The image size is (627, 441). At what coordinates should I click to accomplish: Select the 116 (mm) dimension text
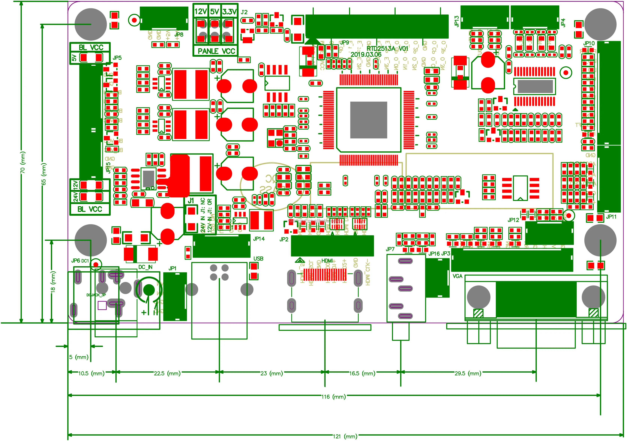333,397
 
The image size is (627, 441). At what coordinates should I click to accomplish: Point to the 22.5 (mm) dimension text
167,373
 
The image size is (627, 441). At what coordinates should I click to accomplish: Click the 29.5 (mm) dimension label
467,373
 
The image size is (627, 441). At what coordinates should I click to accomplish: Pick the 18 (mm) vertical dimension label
53,281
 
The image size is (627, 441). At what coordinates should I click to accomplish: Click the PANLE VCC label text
216,51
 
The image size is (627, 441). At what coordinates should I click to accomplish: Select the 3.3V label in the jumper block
229,12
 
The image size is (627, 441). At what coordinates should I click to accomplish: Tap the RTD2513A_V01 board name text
387,49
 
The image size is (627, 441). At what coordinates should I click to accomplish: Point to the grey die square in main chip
368,120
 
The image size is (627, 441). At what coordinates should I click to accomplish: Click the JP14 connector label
259,239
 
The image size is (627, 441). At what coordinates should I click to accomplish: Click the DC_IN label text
145,267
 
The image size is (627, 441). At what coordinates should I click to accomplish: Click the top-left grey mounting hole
90,24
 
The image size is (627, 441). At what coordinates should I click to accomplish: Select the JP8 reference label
179,34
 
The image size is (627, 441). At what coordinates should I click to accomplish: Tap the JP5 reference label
117,58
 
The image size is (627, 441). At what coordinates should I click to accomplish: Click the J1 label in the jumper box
191,201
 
